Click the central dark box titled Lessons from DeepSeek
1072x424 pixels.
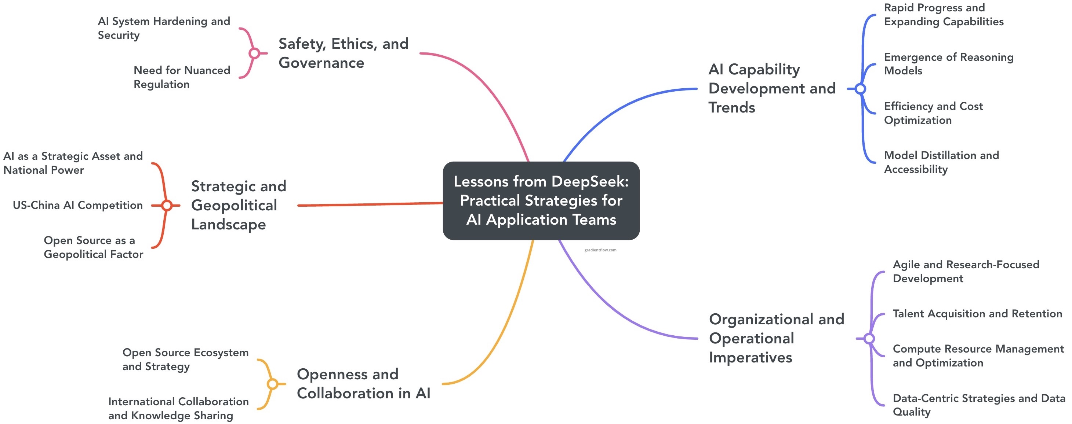click(541, 200)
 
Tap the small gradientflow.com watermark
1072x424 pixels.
click(600, 250)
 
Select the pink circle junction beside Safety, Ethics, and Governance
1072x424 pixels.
click(254, 53)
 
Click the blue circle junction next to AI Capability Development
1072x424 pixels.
click(860, 89)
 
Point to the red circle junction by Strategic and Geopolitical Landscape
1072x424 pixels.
click(167, 205)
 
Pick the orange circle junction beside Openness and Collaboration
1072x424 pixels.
click(272, 384)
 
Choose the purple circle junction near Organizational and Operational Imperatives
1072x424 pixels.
click(869, 338)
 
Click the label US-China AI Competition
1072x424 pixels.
click(78, 205)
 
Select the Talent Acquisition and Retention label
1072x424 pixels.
click(977, 314)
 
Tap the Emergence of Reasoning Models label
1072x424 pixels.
click(948, 64)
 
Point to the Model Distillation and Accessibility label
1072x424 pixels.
click(941, 162)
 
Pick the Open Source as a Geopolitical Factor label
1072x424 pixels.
click(93, 247)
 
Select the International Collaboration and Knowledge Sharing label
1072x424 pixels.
click(178, 408)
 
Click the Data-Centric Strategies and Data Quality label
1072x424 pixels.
click(978, 405)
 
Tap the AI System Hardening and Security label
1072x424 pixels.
click(164, 28)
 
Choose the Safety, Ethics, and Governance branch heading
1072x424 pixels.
click(343, 53)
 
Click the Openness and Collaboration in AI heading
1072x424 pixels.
click(363, 384)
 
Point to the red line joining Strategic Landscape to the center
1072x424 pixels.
click(370, 204)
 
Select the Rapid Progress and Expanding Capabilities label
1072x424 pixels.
click(944, 15)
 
